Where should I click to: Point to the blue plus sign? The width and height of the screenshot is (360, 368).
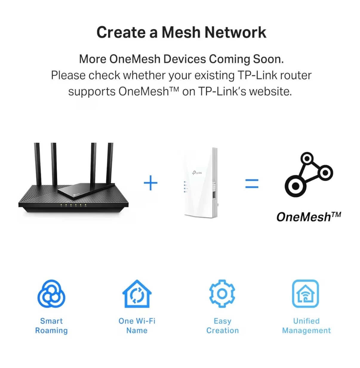[150, 183]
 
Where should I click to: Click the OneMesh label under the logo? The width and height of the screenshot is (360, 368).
[308, 217]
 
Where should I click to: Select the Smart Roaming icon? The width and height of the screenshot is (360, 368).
[51, 294]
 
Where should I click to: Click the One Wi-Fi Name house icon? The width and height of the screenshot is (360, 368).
[137, 294]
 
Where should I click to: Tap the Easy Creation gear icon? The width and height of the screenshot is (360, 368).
[222, 294]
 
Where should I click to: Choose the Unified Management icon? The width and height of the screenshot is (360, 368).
[305, 294]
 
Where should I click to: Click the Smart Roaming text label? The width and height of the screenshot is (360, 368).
[51, 326]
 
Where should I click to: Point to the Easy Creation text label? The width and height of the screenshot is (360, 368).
[222, 326]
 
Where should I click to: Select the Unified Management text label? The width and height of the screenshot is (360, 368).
[306, 326]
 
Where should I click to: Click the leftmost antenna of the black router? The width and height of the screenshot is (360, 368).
[38, 164]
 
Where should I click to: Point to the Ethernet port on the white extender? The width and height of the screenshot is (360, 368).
[214, 195]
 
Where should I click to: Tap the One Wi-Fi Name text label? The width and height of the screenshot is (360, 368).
[137, 326]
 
